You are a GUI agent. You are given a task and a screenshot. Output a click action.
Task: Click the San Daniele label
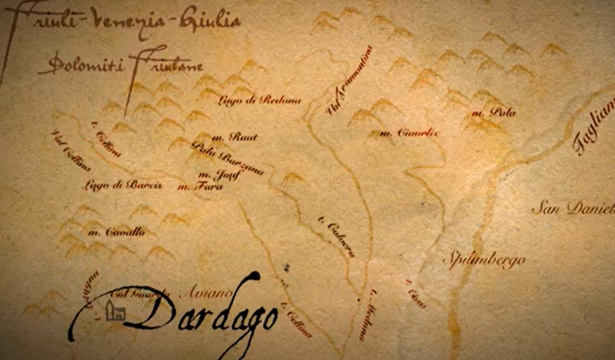pyautogui.click(x=572, y=209)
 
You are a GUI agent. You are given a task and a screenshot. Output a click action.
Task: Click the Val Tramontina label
pyautogui.click(x=349, y=81)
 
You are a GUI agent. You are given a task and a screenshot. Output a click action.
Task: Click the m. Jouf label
pyautogui.click(x=219, y=175)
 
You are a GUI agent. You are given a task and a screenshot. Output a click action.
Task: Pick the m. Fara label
pyautogui.click(x=200, y=187)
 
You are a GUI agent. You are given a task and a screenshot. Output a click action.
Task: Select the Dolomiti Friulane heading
pyautogui.click(x=120, y=66)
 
